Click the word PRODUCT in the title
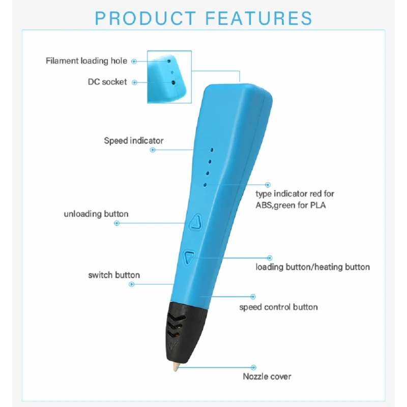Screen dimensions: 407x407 (146, 18)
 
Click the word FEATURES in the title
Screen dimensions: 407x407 (259, 18)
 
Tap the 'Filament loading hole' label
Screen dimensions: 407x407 (86, 61)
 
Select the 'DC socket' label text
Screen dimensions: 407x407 (107, 82)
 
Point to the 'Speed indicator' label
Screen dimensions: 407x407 (134, 141)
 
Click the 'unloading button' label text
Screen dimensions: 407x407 (96, 214)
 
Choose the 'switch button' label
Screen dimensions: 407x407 (114, 275)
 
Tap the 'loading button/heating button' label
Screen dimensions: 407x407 (312, 267)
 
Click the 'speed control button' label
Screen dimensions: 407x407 (278, 307)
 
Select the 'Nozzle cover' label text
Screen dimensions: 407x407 (267, 376)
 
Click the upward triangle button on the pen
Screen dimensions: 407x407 (195, 222)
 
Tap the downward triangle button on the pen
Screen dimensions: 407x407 (189, 257)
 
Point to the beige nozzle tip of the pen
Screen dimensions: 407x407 (176, 367)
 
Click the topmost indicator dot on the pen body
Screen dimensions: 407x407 (212, 150)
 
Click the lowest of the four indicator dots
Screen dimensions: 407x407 (205, 185)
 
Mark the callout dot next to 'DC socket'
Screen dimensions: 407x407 (134, 82)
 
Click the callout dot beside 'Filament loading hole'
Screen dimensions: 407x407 (134, 62)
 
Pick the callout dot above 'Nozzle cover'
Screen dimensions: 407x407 (253, 367)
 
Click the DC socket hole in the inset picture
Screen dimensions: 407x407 (173, 83)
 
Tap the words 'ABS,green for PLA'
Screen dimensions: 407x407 (290, 206)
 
